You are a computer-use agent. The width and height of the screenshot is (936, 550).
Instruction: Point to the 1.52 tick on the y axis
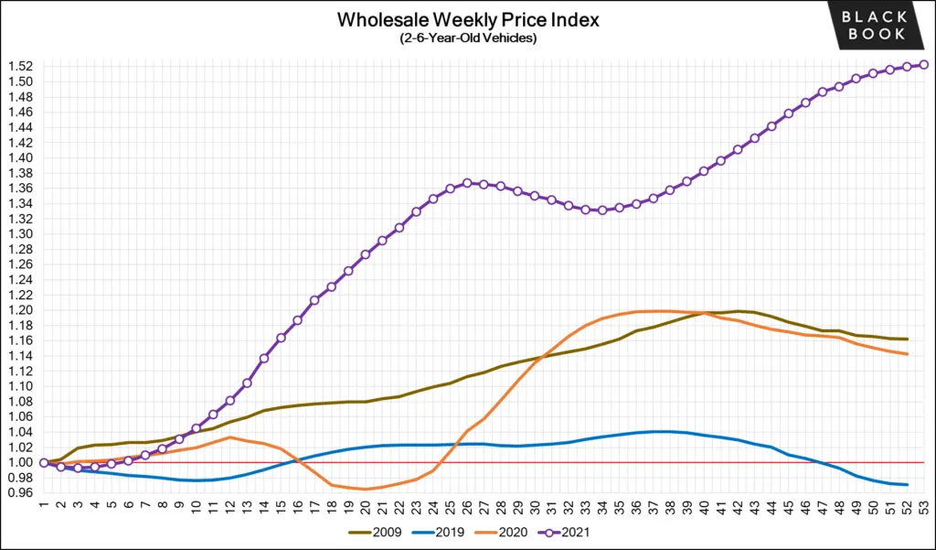click(21, 66)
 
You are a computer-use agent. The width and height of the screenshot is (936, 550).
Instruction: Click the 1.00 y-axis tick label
click(21, 462)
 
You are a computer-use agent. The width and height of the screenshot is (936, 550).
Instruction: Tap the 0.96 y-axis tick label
click(21, 493)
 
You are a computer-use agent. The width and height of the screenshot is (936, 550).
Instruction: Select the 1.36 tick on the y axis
click(21, 188)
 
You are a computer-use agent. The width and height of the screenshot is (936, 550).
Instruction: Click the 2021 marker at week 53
click(923, 64)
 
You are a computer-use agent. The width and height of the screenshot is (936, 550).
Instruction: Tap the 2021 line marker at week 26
click(467, 183)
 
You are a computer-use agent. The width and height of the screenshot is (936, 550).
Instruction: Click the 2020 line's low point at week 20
click(366, 489)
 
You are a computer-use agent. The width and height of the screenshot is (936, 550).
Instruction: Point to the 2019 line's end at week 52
click(906, 484)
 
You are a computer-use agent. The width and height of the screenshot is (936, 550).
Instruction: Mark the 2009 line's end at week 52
click(906, 339)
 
